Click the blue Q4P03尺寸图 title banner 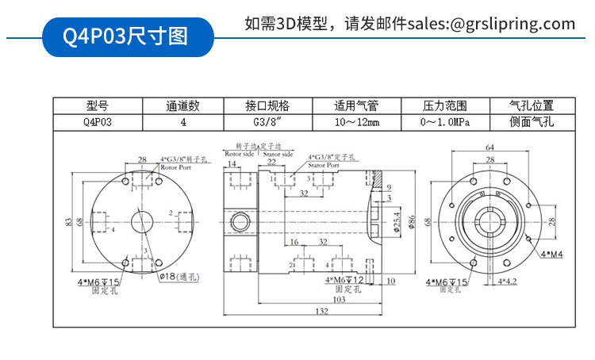127,36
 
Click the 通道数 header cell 182,105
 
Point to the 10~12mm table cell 356,123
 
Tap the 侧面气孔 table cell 532,123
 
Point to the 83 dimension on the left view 69,221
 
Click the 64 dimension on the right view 489,147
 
